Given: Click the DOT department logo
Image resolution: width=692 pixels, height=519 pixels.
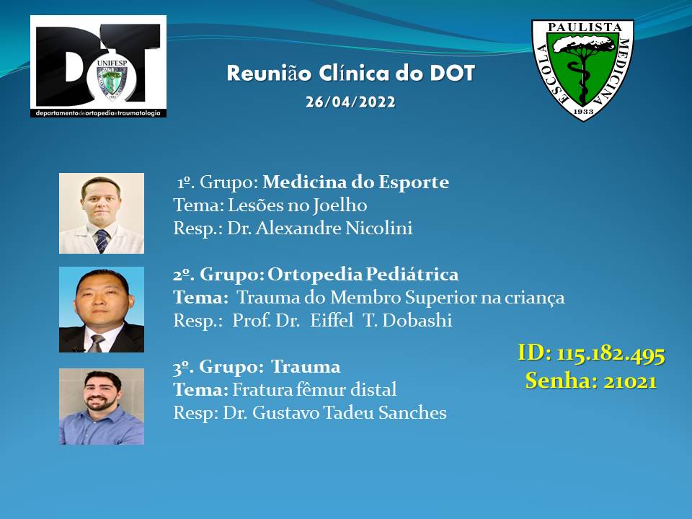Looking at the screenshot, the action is tap(99, 66).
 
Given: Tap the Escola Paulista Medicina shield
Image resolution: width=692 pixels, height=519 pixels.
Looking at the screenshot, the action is tap(582, 70).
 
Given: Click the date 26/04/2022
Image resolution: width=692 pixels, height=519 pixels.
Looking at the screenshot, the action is tap(350, 102).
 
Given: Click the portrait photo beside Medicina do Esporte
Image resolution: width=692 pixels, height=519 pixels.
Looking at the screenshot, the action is tap(102, 213).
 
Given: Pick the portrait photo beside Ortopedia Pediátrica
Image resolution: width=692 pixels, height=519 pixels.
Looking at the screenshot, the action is tap(102, 309).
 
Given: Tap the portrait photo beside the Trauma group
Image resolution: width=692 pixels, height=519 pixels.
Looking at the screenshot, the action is tap(102, 407).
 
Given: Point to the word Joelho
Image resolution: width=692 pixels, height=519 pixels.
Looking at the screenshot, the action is tap(340, 205).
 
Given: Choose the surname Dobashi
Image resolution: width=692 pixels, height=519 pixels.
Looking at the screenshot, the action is tap(417, 320).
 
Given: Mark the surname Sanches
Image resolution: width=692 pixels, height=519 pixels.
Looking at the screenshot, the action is tap(412, 412).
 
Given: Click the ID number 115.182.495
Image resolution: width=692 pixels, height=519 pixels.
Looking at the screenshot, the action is tap(611, 355).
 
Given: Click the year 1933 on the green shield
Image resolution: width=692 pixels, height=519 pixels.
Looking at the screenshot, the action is tap(583, 111).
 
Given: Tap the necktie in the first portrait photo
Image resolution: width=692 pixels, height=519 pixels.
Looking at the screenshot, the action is tap(102, 241).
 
